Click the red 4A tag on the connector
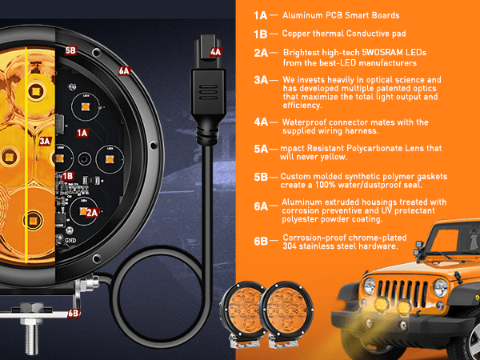215,52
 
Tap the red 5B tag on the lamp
70,50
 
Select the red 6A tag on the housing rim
124,71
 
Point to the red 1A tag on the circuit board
82,133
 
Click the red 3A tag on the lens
45,141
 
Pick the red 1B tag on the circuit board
68,176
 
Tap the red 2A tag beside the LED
92,213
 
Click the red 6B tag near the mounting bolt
74,313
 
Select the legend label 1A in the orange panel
261,16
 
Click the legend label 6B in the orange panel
261,242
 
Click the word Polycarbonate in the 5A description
374,148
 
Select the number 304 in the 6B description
289,246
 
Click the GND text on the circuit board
70,240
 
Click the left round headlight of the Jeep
370,286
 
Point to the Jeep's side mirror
418,249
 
